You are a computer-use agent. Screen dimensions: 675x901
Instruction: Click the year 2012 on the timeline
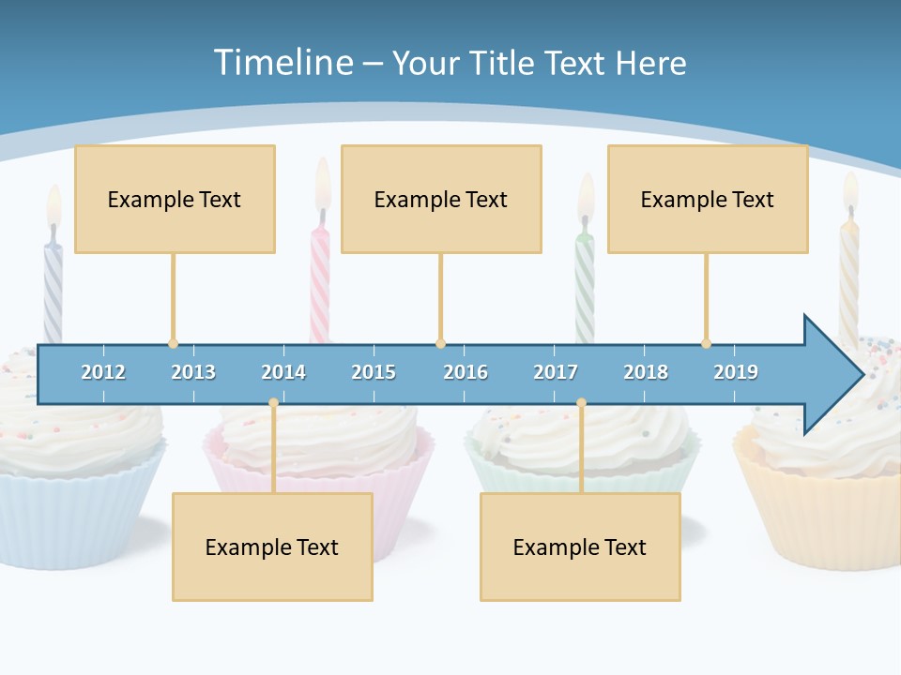pos(103,372)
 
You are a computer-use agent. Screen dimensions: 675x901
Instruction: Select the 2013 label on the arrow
pos(193,372)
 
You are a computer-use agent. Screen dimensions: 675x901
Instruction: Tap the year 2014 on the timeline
pos(283,372)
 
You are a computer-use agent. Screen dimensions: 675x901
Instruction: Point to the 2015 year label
pos(374,372)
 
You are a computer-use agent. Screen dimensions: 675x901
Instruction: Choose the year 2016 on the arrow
pos(466,372)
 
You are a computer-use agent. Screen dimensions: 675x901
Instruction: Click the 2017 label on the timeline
pos(556,372)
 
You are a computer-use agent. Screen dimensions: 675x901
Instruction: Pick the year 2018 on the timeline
pos(646,372)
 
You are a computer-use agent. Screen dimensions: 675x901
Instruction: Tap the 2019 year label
pos(736,372)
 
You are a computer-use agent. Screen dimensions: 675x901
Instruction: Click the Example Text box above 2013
pos(175,199)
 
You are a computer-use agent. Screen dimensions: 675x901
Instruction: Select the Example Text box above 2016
pos(441,199)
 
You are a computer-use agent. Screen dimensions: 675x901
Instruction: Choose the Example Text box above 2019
pos(708,199)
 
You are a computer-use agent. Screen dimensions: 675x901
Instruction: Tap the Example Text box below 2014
pos(272,547)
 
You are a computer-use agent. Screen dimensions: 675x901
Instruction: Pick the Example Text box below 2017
pos(580,547)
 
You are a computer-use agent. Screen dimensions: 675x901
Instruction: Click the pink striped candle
pos(320,281)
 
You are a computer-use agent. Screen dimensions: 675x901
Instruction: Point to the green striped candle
pos(585,281)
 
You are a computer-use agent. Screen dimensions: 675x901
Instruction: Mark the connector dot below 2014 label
pos(273,402)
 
